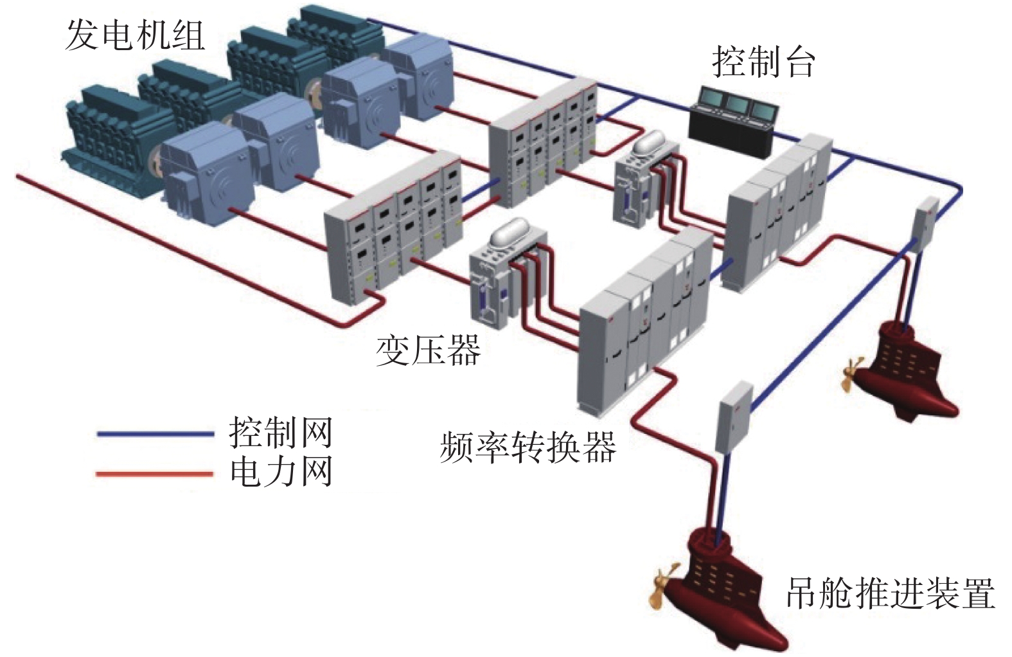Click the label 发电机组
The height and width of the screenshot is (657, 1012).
pyautogui.click(x=135, y=35)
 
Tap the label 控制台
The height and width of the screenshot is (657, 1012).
pyautogui.click(x=763, y=62)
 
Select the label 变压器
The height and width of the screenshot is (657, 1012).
pyautogui.click(x=428, y=350)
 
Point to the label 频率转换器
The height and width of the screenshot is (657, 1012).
pyautogui.click(x=528, y=447)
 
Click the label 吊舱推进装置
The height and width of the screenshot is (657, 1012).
pyautogui.click(x=891, y=593)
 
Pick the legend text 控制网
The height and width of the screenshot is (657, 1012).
pyautogui.click(x=281, y=432)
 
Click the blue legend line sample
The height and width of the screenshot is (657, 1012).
pyautogui.click(x=154, y=434)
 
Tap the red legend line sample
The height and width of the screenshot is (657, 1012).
pyautogui.click(x=154, y=474)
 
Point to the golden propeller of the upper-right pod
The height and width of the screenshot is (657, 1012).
pyautogui.click(x=849, y=373)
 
